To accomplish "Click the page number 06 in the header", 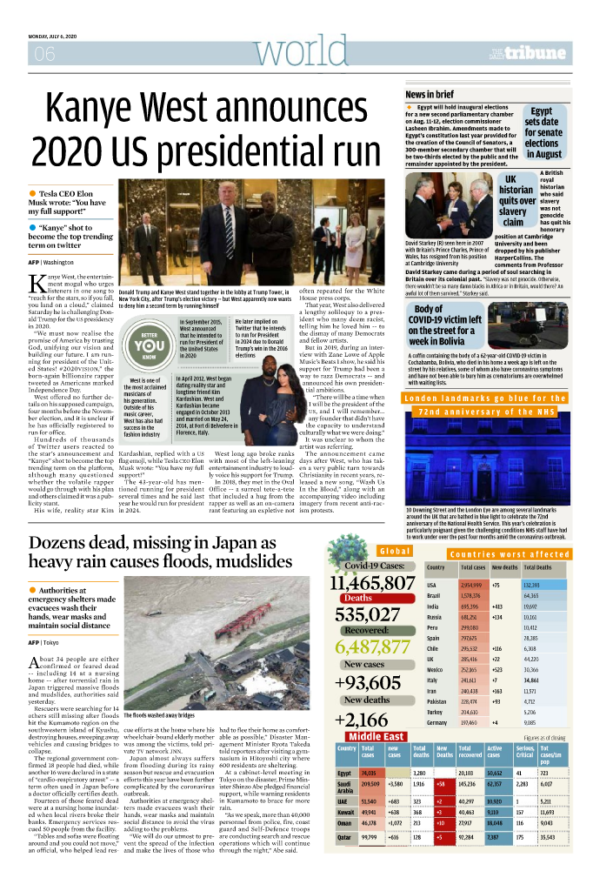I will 44,55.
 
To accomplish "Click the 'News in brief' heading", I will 430,94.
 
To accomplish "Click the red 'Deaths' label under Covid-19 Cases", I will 357,599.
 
